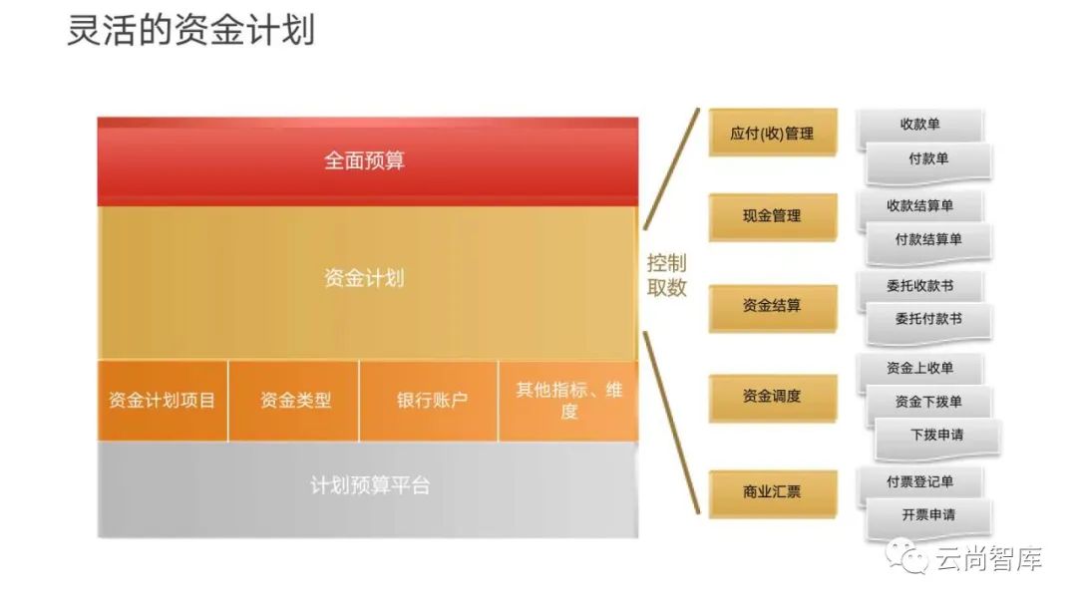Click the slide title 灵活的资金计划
point(190,31)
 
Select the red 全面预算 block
point(366,160)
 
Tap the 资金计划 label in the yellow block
point(364,278)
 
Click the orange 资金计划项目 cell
point(163,401)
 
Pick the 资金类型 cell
point(294,401)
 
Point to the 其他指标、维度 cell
point(567,401)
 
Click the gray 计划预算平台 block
point(369,486)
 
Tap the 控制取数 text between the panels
point(667,276)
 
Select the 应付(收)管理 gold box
point(772,134)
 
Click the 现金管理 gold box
point(772,215)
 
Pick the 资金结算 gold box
point(772,306)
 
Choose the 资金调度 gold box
point(772,397)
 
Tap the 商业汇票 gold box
point(772,491)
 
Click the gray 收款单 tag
point(919,126)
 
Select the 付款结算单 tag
point(927,240)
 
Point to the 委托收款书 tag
point(919,287)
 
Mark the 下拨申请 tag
point(936,436)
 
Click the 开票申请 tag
point(927,516)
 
